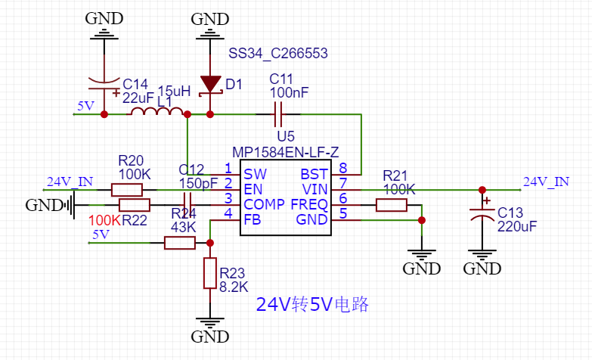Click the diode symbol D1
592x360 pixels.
209,84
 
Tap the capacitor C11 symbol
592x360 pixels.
277,114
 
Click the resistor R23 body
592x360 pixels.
209,272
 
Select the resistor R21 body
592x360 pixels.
391,205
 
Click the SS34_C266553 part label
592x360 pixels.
278,53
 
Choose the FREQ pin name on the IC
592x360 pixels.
310,204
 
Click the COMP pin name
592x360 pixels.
264,204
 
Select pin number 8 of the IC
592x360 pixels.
342,168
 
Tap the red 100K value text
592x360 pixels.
104,220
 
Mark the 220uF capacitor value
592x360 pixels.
516,225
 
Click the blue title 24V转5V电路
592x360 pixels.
312,305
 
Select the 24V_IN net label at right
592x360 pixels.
546,182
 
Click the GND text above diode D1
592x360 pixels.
209,19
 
